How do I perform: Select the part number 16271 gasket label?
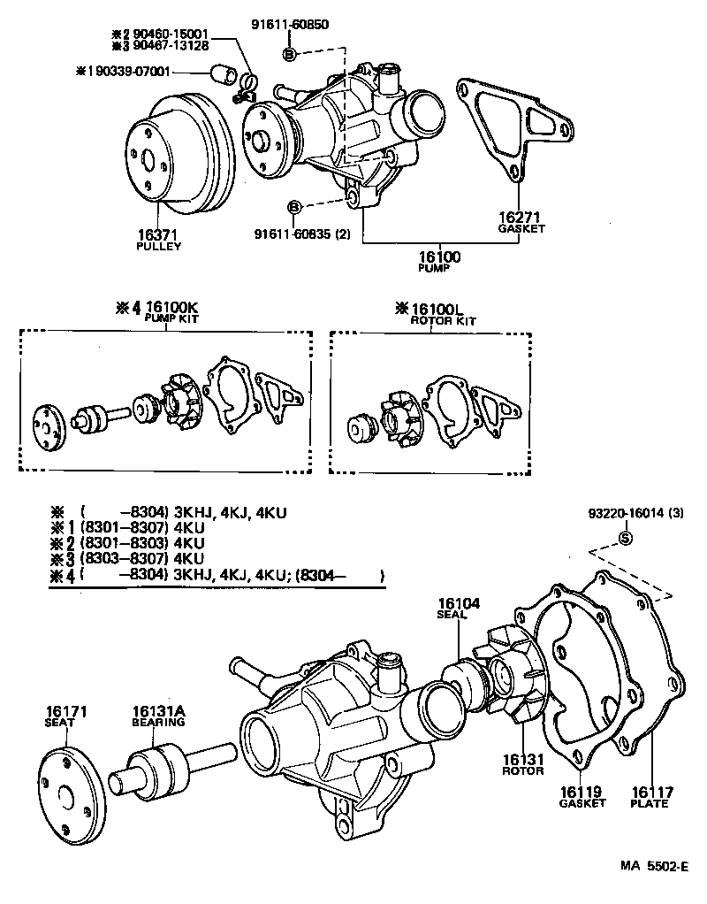[519, 217]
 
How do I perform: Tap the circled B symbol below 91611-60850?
[290, 55]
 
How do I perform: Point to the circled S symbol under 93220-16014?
[624, 538]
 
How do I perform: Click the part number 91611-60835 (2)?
[301, 234]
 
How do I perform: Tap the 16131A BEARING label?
[158, 716]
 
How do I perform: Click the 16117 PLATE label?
[650, 797]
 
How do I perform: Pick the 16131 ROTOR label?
[523, 764]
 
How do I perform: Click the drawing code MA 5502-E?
[652, 868]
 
